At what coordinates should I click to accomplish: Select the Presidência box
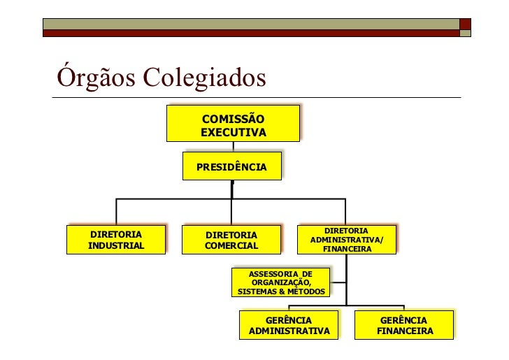click(231, 167)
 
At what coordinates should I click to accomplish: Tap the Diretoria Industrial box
click(116, 240)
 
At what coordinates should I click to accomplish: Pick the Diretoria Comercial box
click(231, 240)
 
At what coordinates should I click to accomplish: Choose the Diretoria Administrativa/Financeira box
click(347, 240)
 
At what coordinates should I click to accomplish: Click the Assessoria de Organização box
click(281, 282)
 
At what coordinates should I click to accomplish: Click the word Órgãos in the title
click(97, 78)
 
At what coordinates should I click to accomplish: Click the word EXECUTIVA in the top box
click(233, 132)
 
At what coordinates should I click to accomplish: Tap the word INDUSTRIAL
click(116, 245)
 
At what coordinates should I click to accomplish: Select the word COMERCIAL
click(231, 246)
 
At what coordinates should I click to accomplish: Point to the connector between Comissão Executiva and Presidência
click(233, 147)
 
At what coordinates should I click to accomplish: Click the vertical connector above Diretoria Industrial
click(116, 212)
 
